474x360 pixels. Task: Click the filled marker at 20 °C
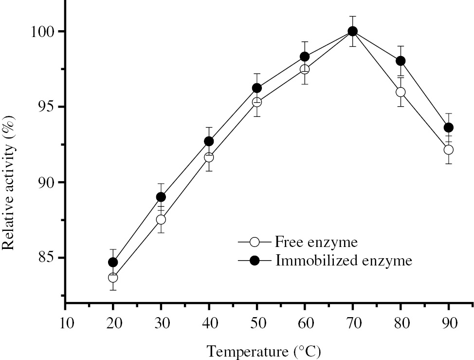[x=113, y=263]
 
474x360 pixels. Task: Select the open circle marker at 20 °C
[x=113, y=277]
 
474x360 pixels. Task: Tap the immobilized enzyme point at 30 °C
[x=161, y=197]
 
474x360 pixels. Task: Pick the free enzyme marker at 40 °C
[x=209, y=157]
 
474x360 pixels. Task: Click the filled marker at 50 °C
[x=257, y=88]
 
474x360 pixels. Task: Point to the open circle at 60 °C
[x=305, y=69]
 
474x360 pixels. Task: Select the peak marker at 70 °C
[x=353, y=31]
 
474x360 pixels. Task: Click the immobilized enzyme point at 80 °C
[x=401, y=61]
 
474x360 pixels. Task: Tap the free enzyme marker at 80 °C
[x=401, y=92]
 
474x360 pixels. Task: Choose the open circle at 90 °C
[x=448, y=150]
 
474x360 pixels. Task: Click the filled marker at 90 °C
[x=448, y=128]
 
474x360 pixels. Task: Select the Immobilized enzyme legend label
[x=344, y=260]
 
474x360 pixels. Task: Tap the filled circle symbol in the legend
[x=255, y=260]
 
